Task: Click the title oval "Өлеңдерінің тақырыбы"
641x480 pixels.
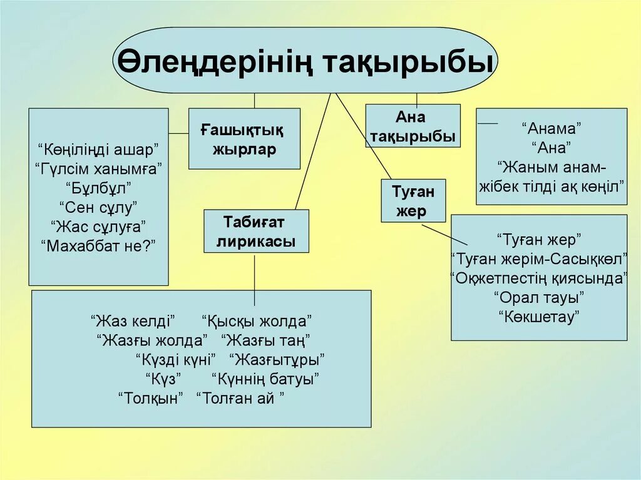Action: (x=305, y=61)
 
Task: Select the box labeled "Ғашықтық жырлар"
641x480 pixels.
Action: (x=244, y=139)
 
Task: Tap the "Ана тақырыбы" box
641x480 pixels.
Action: (x=413, y=126)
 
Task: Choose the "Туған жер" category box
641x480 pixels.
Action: (x=413, y=200)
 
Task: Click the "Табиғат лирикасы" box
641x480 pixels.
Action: (x=256, y=231)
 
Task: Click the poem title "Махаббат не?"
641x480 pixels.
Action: (x=98, y=245)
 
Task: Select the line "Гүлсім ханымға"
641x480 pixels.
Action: (x=98, y=168)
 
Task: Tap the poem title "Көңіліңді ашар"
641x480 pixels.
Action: (x=98, y=149)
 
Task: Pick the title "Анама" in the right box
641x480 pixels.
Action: (x=551, y=129)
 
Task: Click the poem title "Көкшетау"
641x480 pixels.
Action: (x=538, y=317)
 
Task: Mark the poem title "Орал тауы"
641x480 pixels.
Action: (x=538, y=297)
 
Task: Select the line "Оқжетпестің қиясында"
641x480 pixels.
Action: (x=538, y=278)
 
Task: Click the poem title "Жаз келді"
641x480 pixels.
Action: (x=133, y=321)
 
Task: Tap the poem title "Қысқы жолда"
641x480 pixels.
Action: (x=257, y=321)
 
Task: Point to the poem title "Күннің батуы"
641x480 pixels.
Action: (x=265, y=379)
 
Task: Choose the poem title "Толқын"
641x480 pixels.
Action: (x=151, y=398)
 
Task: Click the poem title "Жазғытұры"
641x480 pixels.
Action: (x=277, y=360)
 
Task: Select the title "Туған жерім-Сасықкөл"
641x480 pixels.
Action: (x=538, y=258)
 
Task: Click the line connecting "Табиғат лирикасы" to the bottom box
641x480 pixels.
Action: (x=254, y=272)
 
